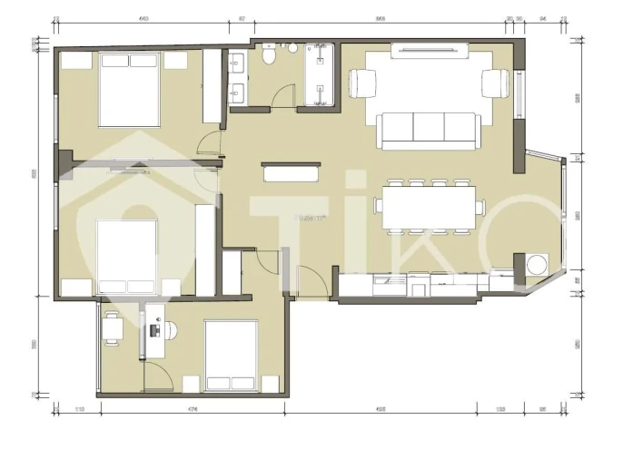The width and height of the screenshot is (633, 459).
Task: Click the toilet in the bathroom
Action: pos(268,57)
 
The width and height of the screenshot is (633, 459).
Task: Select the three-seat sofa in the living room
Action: pos(429,131)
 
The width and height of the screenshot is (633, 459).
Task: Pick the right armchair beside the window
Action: pos(497,83)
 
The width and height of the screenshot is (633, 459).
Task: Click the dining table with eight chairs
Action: pos(429,205)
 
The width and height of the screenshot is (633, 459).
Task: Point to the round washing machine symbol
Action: pos(536,264)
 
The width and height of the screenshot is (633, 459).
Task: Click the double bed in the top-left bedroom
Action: pos(130,89)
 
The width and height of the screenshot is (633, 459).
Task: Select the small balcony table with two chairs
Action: pos(113,328)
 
